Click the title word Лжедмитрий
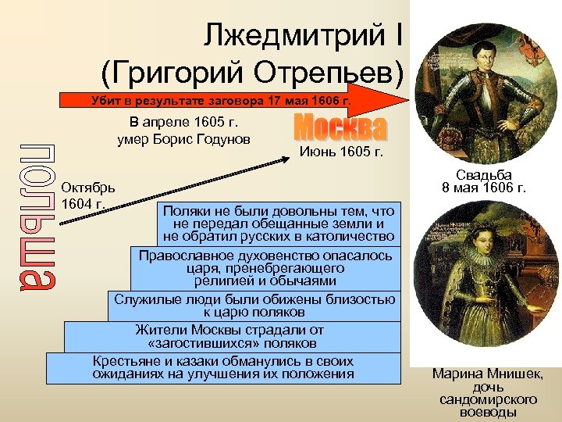coord(293,34)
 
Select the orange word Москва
coord(340,128)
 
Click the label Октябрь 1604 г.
coord(88,195)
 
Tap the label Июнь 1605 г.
coord(341,151)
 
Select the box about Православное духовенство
coord(265,268)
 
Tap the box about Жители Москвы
coord(230,336)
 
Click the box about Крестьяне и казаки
coord(223,368)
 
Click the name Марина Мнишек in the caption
coord(488,374)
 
